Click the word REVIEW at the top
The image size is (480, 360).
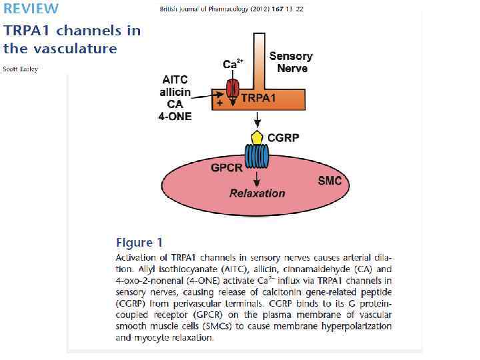pos(31,9)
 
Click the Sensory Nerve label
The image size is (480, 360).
pos(291,62)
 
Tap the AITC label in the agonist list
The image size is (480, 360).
pos(175,80)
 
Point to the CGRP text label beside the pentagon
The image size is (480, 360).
pos(283,138)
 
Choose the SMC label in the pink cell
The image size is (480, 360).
pos(329,181)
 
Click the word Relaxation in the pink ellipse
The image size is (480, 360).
pos(257,193)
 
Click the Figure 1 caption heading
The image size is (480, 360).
pos(139,242)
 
